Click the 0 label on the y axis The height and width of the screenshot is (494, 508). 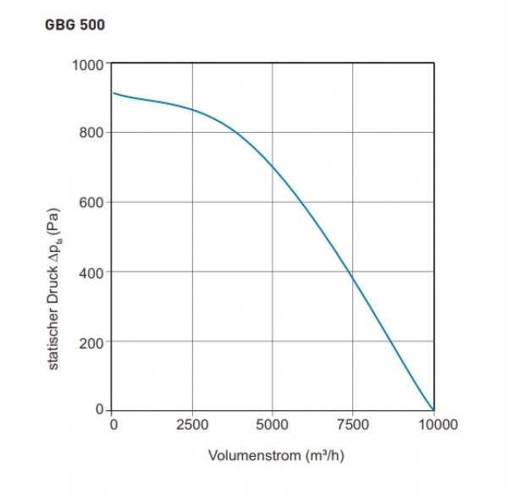point(99,410)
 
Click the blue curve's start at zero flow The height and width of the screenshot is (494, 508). point(113,93)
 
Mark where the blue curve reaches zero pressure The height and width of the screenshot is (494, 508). point(433,410)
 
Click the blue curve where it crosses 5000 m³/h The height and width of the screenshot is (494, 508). point(273,166)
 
